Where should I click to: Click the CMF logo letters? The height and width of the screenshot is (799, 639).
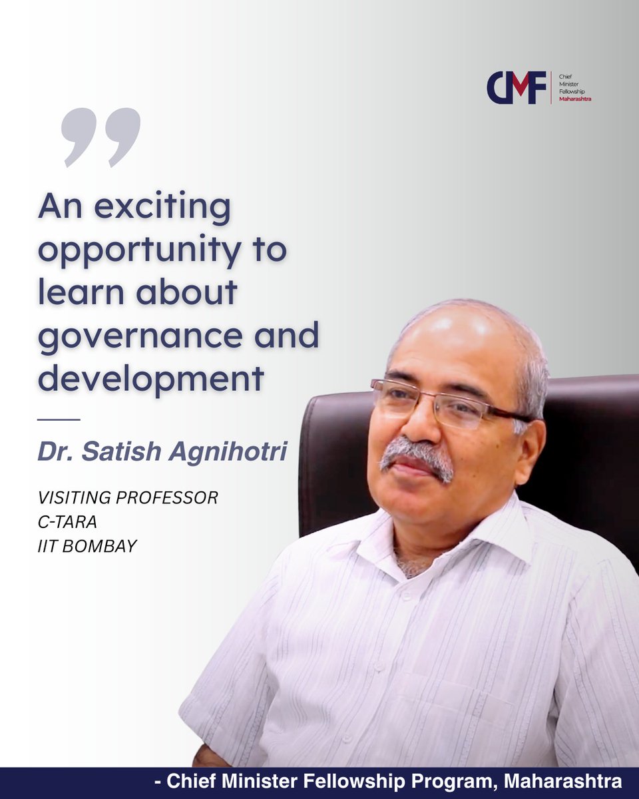[516, 88]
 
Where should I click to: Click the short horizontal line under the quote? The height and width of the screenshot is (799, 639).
[59, 419]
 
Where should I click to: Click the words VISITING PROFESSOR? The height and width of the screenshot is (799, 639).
[128, 498]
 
